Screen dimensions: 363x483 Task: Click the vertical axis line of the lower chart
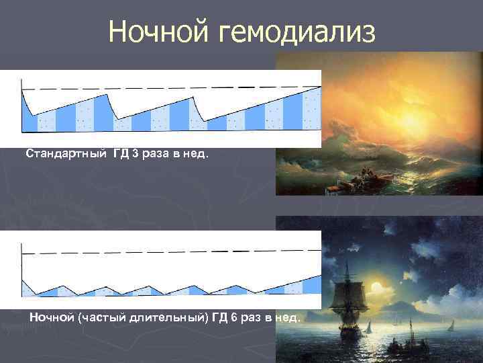tap(22, 269)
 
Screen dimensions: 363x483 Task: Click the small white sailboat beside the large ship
tap(368, 327)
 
